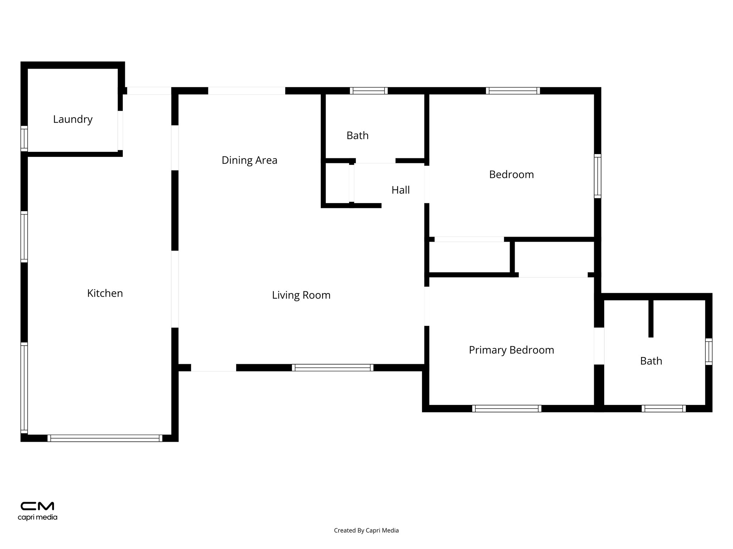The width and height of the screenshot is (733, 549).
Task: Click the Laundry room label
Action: click(73, 119)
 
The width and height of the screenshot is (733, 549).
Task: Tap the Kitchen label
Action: click(105, 293)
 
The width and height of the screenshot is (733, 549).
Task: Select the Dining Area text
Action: click(249, 160)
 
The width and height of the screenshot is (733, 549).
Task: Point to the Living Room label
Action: click(301, 295)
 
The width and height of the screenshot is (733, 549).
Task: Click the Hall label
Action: click(401, 190)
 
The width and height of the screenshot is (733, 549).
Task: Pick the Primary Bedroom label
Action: click(511, 350)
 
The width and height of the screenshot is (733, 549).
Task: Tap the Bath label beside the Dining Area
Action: click(357, 135)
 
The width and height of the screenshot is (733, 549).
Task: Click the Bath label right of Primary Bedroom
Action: click(651, 361)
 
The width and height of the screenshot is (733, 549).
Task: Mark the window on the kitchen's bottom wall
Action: click(105, 438)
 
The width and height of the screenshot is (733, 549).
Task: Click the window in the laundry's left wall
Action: click(24, 138)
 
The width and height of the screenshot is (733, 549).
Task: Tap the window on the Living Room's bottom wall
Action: click(332, 367)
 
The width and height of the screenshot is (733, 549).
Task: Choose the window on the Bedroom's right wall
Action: click(597, 176)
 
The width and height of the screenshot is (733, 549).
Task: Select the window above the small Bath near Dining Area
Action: click(369, 91)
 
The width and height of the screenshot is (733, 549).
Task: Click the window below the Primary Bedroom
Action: click(506, 409)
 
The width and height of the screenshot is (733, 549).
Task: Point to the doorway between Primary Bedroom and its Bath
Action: click(599, 346)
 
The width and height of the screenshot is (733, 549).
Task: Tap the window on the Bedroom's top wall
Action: click(513, 91)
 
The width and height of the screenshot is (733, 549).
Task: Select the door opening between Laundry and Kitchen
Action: click(120, 130)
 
